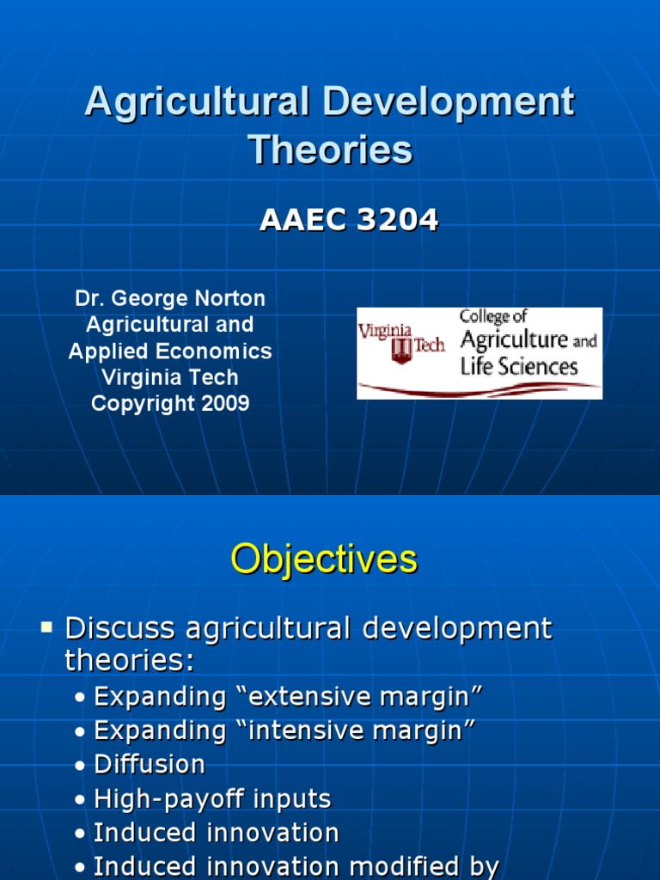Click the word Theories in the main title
click(330, 150)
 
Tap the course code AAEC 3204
click(349, 221)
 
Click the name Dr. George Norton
click(170, 298)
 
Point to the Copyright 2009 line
click(170, 403)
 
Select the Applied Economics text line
click(170, 351)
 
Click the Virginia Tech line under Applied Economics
click(170, 377)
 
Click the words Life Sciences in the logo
click(518, 367)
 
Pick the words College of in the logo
click(493, 317)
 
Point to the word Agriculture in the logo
click(514, 340)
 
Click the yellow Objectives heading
click(323, 559)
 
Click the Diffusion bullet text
click(150, 764)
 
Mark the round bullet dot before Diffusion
click(80, 766)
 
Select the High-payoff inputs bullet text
click(212, 798)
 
